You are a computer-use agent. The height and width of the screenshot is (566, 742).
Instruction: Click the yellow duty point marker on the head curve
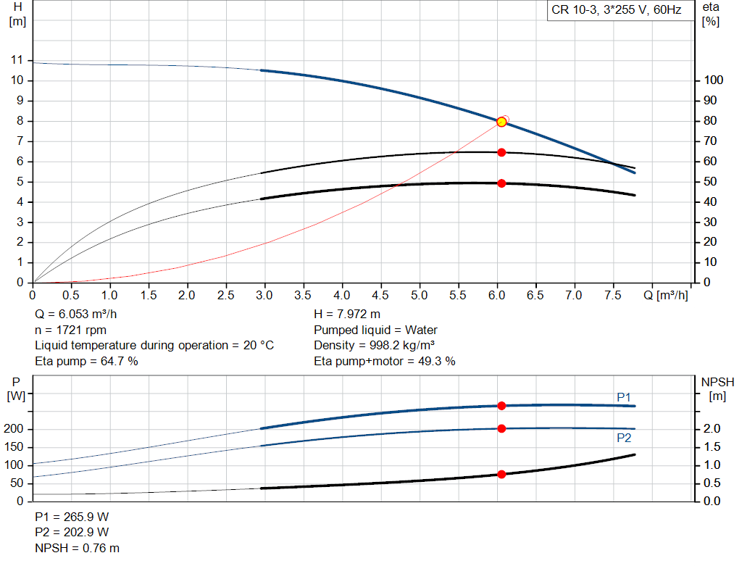click(x=501, y=122)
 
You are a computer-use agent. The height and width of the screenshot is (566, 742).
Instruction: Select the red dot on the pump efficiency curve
click(x=501, y=152)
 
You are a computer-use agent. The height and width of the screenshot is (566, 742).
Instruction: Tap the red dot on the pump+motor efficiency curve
click(x=501, y=183)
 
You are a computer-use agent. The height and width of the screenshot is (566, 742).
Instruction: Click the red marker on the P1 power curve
click(x=501, y=406)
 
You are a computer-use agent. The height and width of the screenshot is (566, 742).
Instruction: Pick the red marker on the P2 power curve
click(x=501, y=428)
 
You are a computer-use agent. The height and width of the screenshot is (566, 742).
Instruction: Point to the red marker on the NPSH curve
click(x=501, y=474)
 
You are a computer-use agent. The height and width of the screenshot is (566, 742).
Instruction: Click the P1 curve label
click(x=624, y=396)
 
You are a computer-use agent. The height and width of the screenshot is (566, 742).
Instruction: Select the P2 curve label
click(x=624, y=438)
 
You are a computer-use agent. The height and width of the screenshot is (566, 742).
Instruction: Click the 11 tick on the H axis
click(x=17, y=59)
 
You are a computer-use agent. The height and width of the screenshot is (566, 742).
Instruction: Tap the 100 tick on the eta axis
click(x=714, y=80)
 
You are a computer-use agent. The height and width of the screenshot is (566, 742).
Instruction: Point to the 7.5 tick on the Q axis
click(x=613, y=296)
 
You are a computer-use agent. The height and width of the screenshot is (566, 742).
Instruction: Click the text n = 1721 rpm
click(x=70, y=330)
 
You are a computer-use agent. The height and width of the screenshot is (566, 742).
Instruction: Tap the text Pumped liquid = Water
click(x=375, y=330)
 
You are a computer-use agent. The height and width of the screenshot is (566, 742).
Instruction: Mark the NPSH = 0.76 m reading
click(x=78, y=548)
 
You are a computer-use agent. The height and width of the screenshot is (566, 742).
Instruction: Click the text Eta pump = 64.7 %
click(x=86, y=360)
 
